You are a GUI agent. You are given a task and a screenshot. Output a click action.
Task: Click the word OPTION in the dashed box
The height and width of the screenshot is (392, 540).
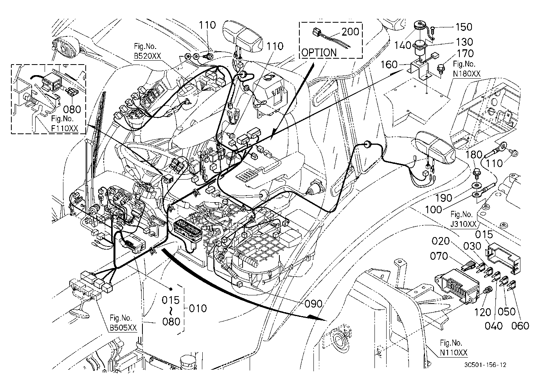pyautogui.click(x=319, y=52)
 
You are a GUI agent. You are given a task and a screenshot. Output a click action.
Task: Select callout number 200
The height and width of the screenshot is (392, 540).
pyautogui.click(x=350, y=32)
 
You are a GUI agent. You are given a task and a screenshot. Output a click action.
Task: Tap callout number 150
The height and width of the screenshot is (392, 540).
pyautogui.click(x=464, y=27)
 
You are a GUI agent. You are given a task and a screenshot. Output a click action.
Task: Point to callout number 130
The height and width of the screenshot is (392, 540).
pyautogui.click(x=464, y=42)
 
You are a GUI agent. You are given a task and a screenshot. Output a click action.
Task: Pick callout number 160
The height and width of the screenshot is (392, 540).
pyautogui.click(x=389, y=65)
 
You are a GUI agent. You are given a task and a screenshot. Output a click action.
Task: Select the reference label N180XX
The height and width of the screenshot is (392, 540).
pyautogui.click(x=466, y=74)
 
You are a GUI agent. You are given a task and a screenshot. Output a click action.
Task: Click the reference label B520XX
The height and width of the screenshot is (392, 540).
pyautogui.click(x=147, y=56)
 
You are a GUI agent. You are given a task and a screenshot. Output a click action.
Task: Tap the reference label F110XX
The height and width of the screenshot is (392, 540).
pyautogui.click(x=65, y=128)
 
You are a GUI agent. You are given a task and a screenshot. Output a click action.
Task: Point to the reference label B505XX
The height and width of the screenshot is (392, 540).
pyautogui.click(x=123, y=327)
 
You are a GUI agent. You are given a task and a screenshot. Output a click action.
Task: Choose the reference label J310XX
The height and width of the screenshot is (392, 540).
pyautogui.click(x=464, y=224)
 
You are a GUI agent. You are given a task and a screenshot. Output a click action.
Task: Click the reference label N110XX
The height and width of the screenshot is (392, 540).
pyautogui.click(x=454, y=352)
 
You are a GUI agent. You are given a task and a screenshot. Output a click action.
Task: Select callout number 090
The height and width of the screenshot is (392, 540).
pyautogui.click(x=313, y=304)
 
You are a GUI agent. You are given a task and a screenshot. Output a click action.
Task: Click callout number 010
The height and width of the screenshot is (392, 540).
pyautogui.click(x=198, y=308)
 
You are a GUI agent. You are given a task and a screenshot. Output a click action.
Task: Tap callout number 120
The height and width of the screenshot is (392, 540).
pyautogui.click(x=482, y=313)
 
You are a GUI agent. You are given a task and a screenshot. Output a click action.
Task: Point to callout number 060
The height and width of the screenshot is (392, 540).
pyautogui.click(x=520, y=326)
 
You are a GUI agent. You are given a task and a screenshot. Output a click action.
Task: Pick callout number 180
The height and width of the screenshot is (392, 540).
pyautogui.click(x=474, y=155)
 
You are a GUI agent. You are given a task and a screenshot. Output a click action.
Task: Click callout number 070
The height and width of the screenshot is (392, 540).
pyautogui.click(x=439, y=256)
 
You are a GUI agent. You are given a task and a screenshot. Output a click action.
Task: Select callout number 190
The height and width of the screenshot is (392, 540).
pyautogui.click(x=444, y=198)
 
